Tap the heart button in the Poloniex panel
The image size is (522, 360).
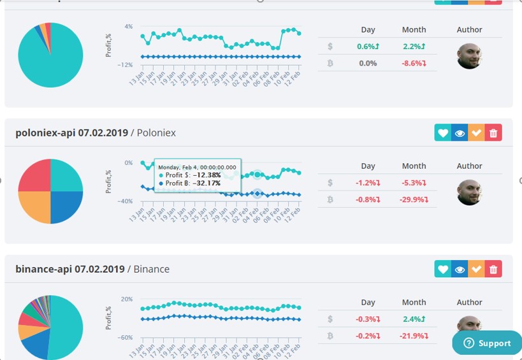tap(442, 133)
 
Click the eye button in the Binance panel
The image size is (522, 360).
tap(460, 270)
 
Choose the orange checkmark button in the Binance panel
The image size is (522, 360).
tap(476, 270)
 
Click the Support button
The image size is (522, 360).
tap(488, 343)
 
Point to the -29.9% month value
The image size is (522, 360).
tap(414, 199)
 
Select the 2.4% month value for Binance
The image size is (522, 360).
tap(414, 319)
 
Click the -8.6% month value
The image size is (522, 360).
tap(414, 64)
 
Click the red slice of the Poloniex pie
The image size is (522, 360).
tap(34, 175)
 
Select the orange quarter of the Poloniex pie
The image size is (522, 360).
tap(34, 207)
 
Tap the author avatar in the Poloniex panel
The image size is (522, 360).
tap(469, 192)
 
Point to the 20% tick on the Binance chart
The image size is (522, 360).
tap(127, 299)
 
